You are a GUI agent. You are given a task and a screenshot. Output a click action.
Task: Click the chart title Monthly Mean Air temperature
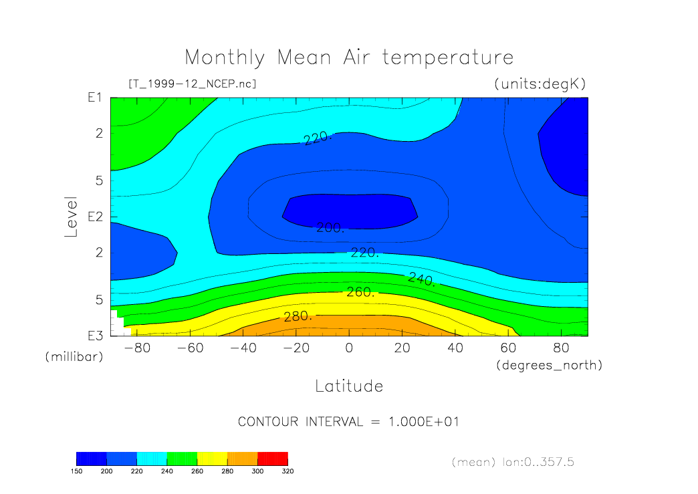[348, 57]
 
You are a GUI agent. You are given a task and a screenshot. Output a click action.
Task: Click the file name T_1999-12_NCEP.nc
[192, 84]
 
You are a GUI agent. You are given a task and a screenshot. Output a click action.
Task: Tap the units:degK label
[540, 84]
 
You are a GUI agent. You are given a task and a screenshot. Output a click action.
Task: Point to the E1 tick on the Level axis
[94, 98]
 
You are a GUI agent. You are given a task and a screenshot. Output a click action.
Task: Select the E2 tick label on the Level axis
[94, 217]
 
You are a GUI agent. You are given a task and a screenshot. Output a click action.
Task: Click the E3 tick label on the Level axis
[94, 336]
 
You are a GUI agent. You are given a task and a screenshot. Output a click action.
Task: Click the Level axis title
[72, 217]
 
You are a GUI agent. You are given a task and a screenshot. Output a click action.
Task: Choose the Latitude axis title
[348, 386]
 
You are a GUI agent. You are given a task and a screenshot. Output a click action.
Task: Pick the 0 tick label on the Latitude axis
[348, 348]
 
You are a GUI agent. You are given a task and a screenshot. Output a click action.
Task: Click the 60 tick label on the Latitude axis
[509, 348]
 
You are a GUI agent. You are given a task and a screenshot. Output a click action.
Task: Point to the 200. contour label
[330, 228]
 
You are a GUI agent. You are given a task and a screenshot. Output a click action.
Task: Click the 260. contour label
[359, 293]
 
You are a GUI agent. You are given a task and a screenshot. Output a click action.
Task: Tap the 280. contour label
[298, 316]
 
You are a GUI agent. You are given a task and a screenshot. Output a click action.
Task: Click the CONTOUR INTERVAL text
[348, 422]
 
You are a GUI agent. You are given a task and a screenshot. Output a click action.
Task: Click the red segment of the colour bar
[272, 458]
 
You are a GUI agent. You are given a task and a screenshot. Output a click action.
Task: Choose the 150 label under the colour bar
[76, 471]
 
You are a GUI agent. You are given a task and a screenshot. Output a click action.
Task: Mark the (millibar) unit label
[74, 357]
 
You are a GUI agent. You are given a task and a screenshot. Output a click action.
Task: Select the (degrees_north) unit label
[549, 365]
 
